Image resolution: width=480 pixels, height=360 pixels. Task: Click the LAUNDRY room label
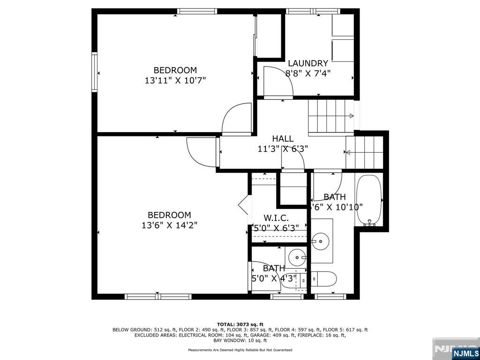coord(307,63)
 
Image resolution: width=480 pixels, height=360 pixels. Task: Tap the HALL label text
coord(283,139)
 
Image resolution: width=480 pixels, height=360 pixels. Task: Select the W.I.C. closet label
coord(276,218)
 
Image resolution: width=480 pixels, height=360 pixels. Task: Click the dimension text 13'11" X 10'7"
coord(175,80)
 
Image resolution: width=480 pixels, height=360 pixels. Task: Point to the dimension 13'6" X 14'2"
coord(169,225)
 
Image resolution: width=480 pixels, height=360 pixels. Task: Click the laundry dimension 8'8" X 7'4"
coord(308,73)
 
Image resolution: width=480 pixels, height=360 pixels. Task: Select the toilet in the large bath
coord(324,279)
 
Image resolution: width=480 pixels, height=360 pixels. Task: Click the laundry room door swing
coord(278,82)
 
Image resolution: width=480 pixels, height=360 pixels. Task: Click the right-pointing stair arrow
coord(351,116)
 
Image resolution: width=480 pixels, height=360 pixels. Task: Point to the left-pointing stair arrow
coord(347,152)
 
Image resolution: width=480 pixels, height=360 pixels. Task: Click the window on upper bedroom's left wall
coord(95,72)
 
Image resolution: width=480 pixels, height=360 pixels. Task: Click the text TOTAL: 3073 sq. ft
coord(240,324)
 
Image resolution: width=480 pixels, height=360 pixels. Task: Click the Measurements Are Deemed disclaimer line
coord(240,350)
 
